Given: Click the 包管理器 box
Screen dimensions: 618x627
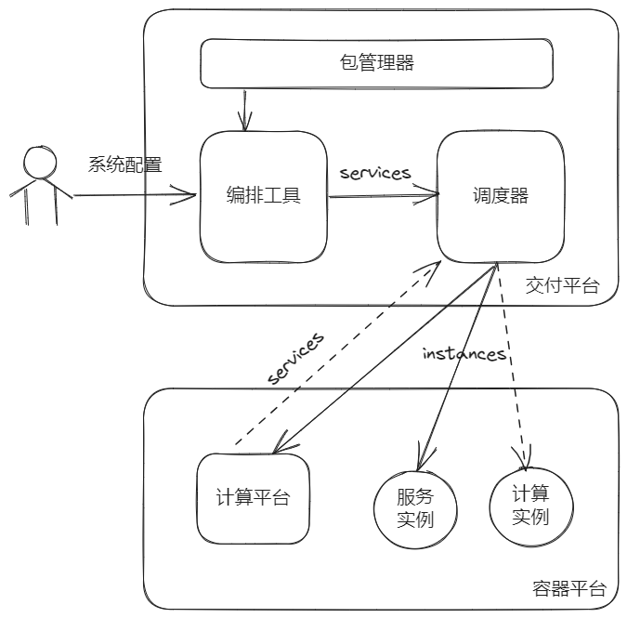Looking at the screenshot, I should coord(377,64).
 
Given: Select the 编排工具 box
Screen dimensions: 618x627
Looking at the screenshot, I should coord(264,196).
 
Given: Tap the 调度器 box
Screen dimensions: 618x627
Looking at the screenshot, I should coord(500,196).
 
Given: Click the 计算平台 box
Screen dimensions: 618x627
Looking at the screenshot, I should coord(253,498).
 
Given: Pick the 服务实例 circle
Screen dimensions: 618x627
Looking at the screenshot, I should coord(414,508).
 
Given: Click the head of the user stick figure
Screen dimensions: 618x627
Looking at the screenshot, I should coord(40,163).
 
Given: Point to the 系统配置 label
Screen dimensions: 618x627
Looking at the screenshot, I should coord(124,165).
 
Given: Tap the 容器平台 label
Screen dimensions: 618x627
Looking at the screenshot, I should coord(569,588).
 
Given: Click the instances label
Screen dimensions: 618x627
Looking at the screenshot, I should coord(464,354).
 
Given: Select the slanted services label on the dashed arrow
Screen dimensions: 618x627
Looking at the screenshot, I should coord(296,358).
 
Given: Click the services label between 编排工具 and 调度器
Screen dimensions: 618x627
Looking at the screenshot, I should coord(375,173).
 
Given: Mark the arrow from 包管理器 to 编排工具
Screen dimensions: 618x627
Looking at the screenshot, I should coord(245,112).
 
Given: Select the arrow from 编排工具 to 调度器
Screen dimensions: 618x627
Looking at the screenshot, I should coord(383,194).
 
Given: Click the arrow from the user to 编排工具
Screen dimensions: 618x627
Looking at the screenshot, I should coord(135,195).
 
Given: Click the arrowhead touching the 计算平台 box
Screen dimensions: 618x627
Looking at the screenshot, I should coord(280,449).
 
